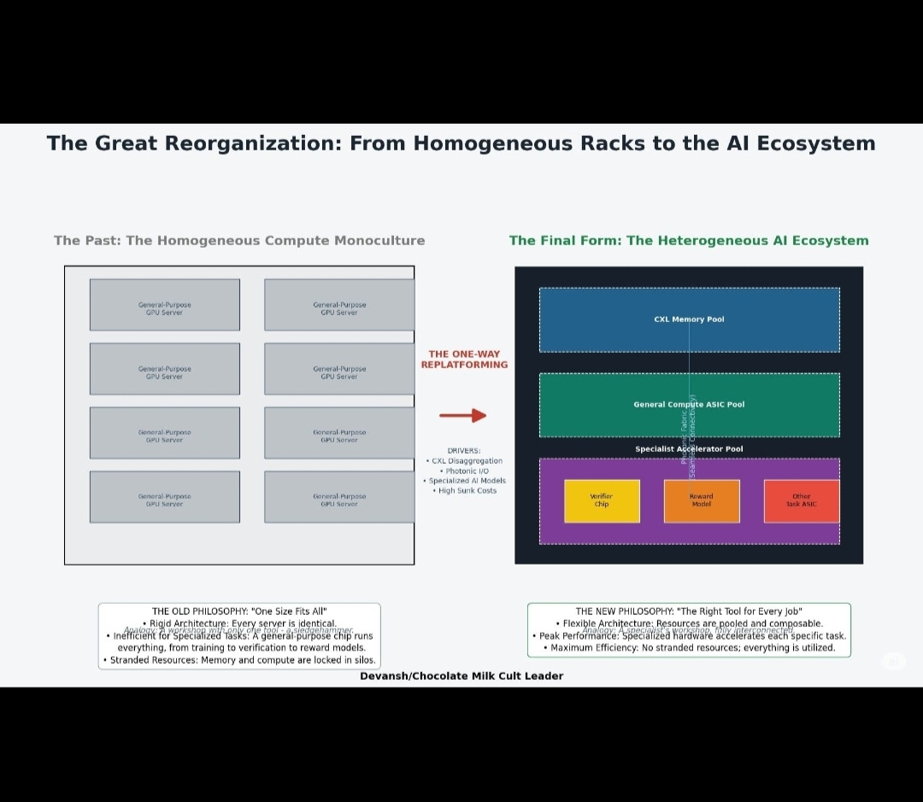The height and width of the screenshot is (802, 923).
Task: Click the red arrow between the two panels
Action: tap(462, 416)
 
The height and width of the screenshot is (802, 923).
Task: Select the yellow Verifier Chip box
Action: tap(602, 501)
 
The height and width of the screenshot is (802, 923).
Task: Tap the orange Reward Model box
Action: tap(701, 501)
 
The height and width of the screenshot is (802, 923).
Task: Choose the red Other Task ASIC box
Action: tap(801, 501)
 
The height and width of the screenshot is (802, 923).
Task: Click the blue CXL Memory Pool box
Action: tap(689, 319)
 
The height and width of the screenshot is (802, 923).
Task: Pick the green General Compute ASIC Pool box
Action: tap(689, 405)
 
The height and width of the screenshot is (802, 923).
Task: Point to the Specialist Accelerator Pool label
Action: tap(689, 449)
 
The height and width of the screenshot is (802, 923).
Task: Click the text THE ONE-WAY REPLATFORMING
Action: tap(464, 360)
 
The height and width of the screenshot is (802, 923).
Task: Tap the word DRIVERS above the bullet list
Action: tap(464, 451)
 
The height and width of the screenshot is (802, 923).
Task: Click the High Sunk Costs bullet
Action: tap(464, 490)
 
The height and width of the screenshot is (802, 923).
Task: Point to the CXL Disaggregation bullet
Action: tap(464, 461)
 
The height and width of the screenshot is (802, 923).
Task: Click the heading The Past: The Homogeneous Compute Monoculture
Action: tap(239, 241)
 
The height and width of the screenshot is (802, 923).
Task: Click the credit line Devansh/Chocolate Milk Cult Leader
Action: tap(461, 676)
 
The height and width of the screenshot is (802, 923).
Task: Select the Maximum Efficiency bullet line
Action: tap(689, 648)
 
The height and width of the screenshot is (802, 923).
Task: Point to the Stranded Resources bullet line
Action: tap(239, 660)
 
